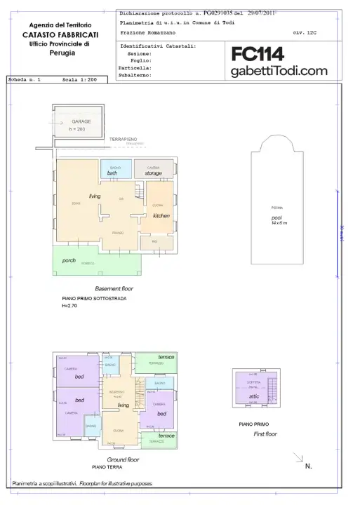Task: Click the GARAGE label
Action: pos(81,121)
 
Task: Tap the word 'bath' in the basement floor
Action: pos(112,173)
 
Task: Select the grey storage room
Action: pos(154,170)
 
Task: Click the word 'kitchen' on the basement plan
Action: pos(162,215)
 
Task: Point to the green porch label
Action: pos(69,260)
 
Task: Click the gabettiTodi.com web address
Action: pos(279,70)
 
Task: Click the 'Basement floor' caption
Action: pos(114,289)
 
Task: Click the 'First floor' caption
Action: pos(265,435)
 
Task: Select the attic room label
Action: pos(253,396)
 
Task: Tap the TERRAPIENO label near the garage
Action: pos(123,140)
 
